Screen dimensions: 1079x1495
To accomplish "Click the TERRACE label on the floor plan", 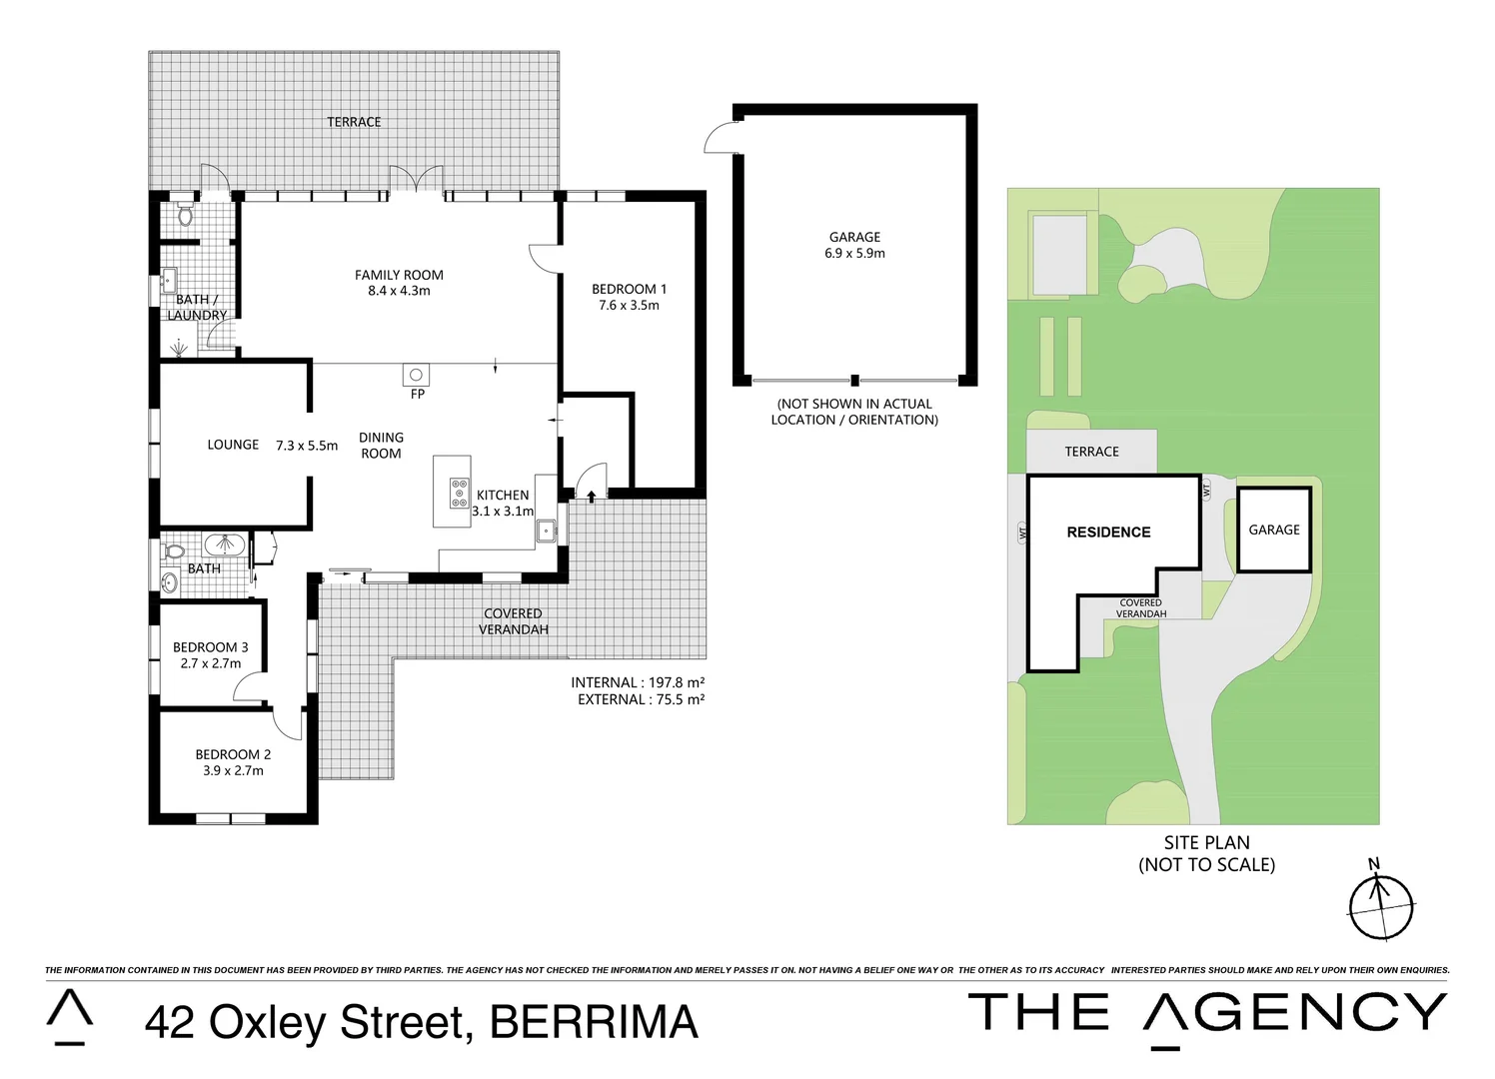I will click(x=354, y=122).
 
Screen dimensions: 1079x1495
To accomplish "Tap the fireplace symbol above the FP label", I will click(x=417, y=375).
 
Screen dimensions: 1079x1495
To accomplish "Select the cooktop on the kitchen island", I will click(x=459, y=493).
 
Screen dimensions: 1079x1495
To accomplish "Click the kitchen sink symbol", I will click(x=546, y=532).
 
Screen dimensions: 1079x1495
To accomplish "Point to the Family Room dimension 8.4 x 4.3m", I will click(x=399, y=291).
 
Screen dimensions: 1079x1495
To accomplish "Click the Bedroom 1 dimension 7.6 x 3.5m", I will click(x=629, y=305).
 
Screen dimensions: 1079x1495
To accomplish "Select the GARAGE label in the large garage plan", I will click(x=854, y=237).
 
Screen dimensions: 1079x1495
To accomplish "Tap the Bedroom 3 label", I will click(x=210, y=647).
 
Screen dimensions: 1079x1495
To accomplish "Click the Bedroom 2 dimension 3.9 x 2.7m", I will click(x=233, y=770).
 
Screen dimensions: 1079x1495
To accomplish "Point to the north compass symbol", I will click(x=1381, y=907).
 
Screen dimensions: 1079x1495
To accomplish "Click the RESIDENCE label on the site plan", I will click(x=1108, y=533).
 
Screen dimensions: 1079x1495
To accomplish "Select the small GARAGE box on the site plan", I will click(x=1274, y=530).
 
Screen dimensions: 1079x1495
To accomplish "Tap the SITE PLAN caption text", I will click(x=1206, y=842).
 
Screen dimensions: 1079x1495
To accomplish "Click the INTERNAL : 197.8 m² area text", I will click(x=638, y=682).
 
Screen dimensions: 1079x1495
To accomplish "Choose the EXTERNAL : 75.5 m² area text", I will click(x=641, y=699).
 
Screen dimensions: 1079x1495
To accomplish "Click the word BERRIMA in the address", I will click(x=595, y=1022).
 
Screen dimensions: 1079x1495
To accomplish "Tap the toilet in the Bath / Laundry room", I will click(x=184, y=215).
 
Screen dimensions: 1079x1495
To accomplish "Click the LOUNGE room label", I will click(x=233, y=445).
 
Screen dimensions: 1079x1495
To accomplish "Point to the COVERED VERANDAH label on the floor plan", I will click(x=513, y=621).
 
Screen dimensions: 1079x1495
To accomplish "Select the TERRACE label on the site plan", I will click(x=1091, y=452).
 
